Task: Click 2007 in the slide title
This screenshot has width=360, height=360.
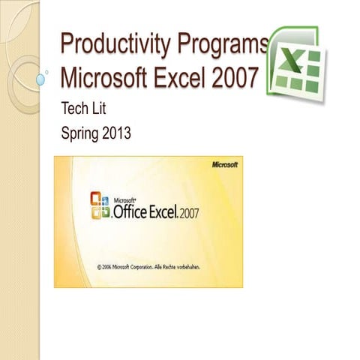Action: tap(250, 77)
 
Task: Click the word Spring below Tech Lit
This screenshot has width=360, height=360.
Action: tap(82, 136)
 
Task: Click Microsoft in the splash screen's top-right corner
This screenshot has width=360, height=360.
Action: tap(224, 164)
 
